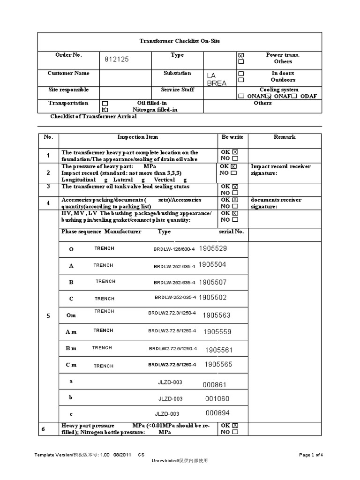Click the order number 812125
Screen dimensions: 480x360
point(116,60)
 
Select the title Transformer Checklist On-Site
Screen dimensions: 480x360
point(180,41)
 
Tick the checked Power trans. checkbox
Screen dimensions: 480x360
point(241,55)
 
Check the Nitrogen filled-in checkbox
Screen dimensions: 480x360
point(105,110)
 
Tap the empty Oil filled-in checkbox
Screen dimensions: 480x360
point(105,103)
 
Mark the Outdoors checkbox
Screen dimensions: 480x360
point(241,80)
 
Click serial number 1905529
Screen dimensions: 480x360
point(213,248)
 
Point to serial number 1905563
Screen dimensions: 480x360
point(217,315)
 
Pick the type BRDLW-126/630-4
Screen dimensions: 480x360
point(175,249)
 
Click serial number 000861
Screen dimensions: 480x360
point(215,385)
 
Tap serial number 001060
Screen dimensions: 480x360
point(217,398)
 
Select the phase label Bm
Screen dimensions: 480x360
point(71,348)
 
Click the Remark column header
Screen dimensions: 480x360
point(285,137)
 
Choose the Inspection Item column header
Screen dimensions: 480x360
point(137,137)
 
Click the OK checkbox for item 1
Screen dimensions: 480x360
point(235,152)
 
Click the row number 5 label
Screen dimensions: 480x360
point(48,316)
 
